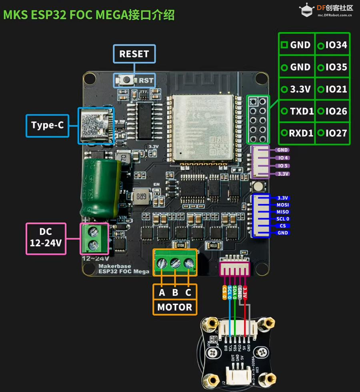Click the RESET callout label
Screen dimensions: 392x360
tap(134, 54)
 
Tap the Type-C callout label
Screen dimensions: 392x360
tap(48, 126)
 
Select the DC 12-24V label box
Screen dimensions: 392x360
tap(46, 238)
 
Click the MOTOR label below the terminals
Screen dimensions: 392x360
tap(174, 307)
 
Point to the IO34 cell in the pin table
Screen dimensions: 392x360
tap(332, 45)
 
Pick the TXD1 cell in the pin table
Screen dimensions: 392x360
tap(297, 111)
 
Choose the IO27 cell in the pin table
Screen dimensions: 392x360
tap(332, 133)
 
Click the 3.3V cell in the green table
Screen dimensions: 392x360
tap(297, 89)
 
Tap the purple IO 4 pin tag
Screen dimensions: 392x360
tap(282, 158)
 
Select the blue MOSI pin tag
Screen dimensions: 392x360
tap(282, 205)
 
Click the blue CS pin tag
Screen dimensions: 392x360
tap(282, 226)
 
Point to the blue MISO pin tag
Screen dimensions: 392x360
tap(282, 212)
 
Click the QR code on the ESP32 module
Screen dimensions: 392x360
tap(217, 147)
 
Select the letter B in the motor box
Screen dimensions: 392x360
tap(175, 292)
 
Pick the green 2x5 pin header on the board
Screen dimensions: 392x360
tap(258, 120)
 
